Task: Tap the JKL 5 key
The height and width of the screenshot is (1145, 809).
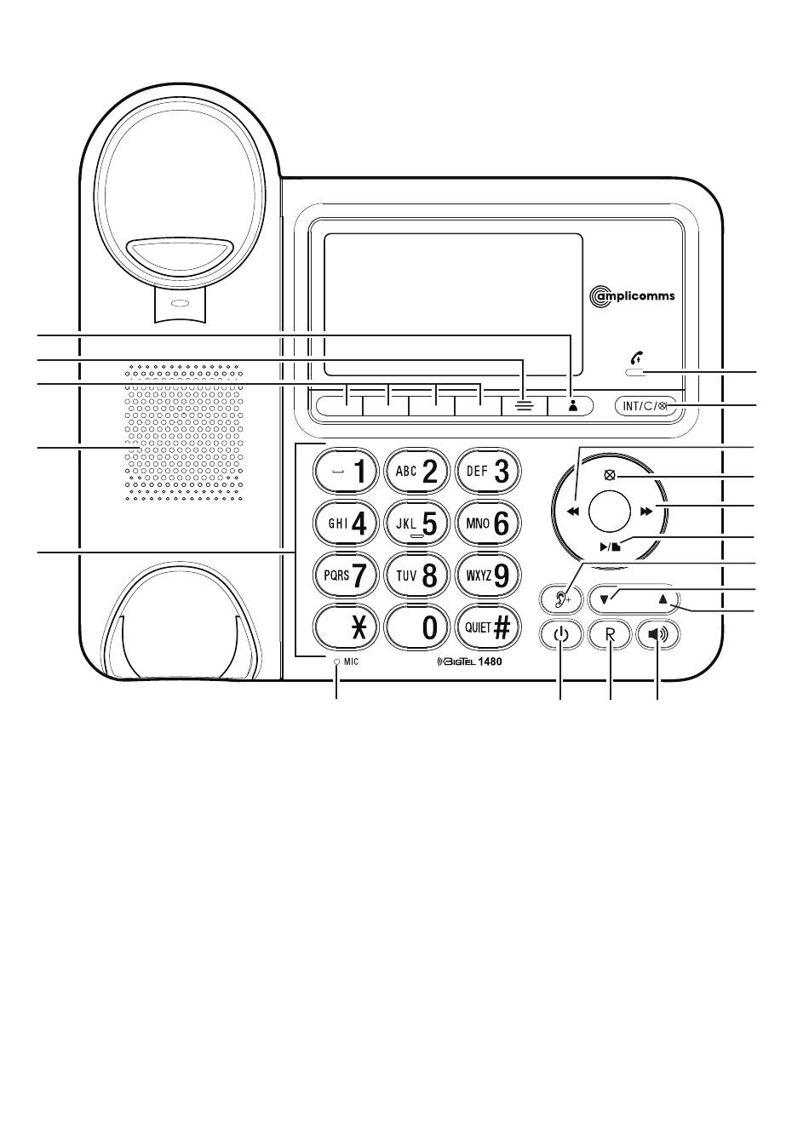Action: (416, 524)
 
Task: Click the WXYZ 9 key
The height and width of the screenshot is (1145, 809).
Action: (488, 575)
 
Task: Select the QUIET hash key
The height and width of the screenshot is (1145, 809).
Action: (488, 627)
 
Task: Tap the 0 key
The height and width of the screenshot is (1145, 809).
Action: (416, 627)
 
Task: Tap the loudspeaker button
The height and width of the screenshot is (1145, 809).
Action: (658, 634)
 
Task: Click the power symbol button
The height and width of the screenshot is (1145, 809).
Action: (561, 634)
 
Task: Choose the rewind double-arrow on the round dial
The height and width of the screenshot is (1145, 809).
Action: (574, 511)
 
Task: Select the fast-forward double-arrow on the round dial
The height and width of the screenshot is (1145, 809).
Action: (646, 511)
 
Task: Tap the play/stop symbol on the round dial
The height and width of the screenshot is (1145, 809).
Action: (610, 547)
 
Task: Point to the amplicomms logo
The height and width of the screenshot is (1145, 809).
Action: (632, 296)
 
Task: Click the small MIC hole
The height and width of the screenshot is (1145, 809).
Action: (336, 662)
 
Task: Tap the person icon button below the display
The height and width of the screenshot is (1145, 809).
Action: (571, 406)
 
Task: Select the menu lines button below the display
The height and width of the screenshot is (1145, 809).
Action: (525, 406)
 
